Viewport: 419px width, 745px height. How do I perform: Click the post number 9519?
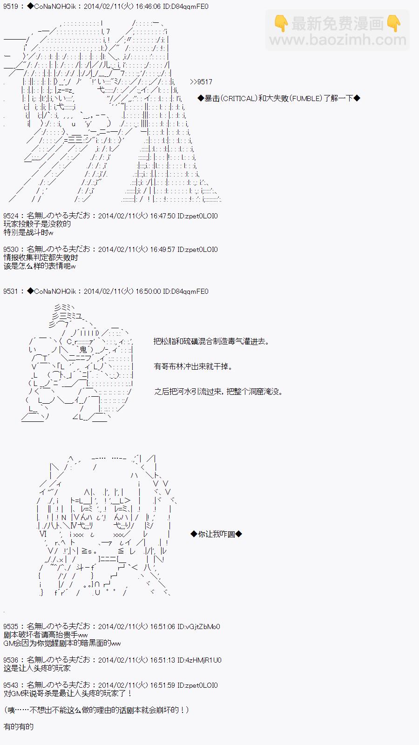[x=11, y=7]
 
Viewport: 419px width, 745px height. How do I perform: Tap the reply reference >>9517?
[x=201, y=82]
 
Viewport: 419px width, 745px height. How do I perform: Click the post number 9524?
[x=11, y=216]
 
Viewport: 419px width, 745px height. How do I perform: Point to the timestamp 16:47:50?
[x=162, y=216]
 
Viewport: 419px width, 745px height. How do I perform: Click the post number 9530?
[x=11, y=250]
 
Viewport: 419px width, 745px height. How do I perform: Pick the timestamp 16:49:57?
[x=162, y=250]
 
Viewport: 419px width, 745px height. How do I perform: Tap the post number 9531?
[x=11, y=291]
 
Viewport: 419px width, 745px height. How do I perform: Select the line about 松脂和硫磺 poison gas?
[x=211, y=341]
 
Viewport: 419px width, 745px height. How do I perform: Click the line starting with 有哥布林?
[x=193, y=366]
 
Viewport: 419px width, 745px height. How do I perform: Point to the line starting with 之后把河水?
[x=218, y=392]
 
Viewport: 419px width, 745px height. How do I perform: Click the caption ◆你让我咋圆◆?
[x=216, y=534]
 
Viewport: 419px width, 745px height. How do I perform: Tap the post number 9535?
[x=11, y=627]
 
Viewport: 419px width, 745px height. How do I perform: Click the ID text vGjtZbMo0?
[x=203, y=627]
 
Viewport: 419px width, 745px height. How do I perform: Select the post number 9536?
[x=11, y=660]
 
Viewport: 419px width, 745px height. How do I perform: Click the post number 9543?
[x=11, y=685]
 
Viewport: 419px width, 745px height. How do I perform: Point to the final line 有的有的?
[x=19, y=726]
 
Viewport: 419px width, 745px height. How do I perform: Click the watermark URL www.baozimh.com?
[x=338, y=41]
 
